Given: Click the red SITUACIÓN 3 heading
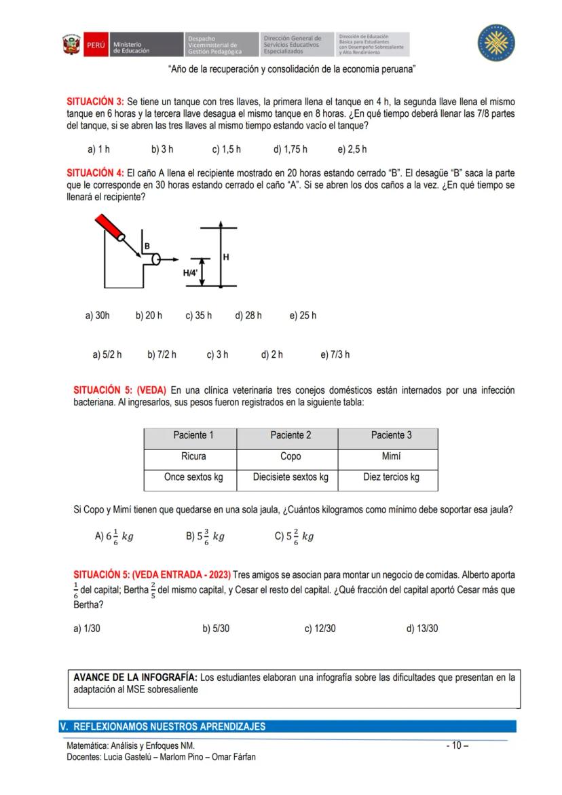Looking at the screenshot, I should point(95,102).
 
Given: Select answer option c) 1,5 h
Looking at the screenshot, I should point(226,149).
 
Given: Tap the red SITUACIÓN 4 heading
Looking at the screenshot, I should point(95,173).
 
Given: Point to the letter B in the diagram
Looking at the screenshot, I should point(147,245).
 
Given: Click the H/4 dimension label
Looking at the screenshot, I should point(190,273).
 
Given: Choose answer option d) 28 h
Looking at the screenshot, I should point(248,316).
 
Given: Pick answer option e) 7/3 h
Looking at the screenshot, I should point(335,354).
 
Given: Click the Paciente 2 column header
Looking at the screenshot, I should point(291,435).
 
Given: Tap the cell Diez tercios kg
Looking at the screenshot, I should point(391,477).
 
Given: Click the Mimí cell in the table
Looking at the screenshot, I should point(391,456).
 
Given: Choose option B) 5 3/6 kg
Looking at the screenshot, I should point(205,536).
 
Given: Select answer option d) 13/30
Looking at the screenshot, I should point(422,629).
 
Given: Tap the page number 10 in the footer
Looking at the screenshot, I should point(457,746).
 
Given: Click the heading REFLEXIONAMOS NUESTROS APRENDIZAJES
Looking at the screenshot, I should point(169,726).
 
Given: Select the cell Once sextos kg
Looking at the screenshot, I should point(193,477).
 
